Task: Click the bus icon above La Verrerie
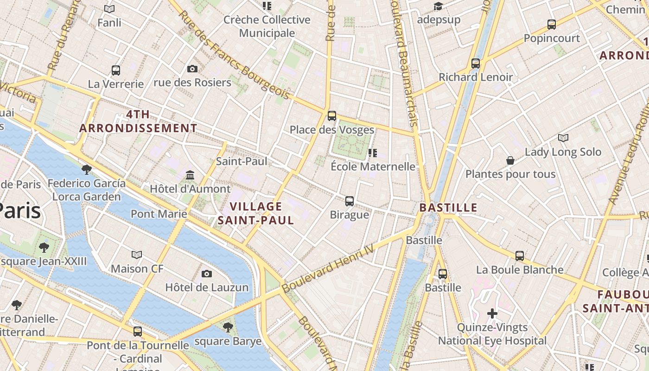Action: coord(116,70)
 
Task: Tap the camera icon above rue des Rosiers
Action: coord(192,69)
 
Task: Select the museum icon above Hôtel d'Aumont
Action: coord(190,175)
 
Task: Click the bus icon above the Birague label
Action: coord(350,201)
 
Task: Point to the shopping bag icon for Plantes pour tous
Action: coord(510,160)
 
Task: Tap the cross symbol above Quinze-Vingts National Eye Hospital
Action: coord(492,314)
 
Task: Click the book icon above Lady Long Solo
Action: coord(563,138)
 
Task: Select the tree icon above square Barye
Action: coord(228,327)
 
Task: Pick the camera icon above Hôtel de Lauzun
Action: coord(207,274)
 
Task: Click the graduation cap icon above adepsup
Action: coord(438,6)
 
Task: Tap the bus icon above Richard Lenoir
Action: coord(476,64)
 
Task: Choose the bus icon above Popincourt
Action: coord(552,25)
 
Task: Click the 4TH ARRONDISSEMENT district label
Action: coord(138,121)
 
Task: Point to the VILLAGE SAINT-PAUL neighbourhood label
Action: coord(256,213)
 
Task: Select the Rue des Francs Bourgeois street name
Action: coord(234,56)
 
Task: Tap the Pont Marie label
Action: coord(159,214)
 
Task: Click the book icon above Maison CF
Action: coord(137,255)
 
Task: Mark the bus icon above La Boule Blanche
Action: coord(520,256)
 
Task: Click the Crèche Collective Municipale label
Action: coord(267,26)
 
